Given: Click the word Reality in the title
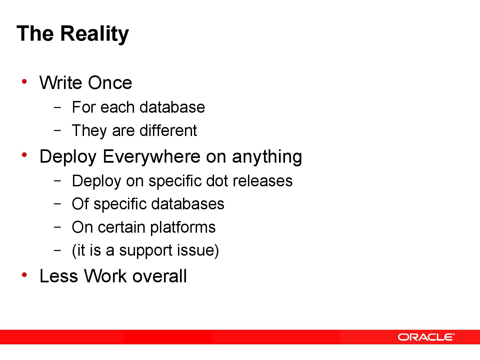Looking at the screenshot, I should tap(94, 34).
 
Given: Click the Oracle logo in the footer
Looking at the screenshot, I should tap(426, 337).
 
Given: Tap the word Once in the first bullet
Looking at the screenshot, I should tap(110, 83).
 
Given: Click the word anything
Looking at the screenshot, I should tap(267, 156).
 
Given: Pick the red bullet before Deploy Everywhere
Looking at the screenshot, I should tap(24, 155).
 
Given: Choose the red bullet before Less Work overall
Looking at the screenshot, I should tap(24, 275).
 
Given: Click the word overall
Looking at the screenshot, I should tap(159, 276).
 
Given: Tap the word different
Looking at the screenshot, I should tap(168, 130).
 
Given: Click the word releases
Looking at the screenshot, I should tap(263, 181).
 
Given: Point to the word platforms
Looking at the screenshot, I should tap(183, 228).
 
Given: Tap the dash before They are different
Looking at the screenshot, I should tap(57, 130).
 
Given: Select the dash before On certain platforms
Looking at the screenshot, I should tap(57, 227).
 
